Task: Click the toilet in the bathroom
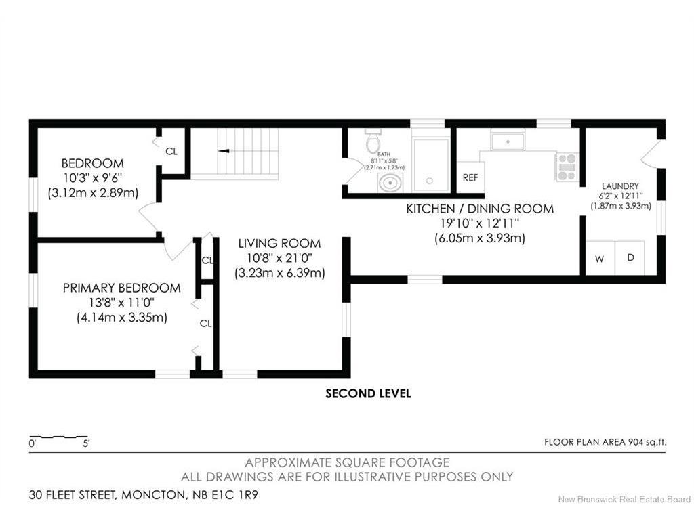pos(373,140)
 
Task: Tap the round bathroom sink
pos(390,183)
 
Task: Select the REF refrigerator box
pos(470,177)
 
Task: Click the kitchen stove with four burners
pos(567,167)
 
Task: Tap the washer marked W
pos(600,258)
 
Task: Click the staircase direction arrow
pos(224,151)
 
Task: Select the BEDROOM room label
pos(92,163)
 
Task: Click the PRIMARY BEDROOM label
pos(122,288)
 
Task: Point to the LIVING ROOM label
pos(279,243)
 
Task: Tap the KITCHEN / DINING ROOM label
pos(480,209)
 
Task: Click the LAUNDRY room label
pos(620,186)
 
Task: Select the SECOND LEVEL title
pos(368,393)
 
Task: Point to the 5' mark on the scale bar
pos(86,443)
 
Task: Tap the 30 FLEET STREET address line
pos(144,494)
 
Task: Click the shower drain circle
pos(429,180)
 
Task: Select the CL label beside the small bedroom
pos(171,151)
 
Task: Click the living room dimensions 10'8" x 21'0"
pos(279,258)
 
